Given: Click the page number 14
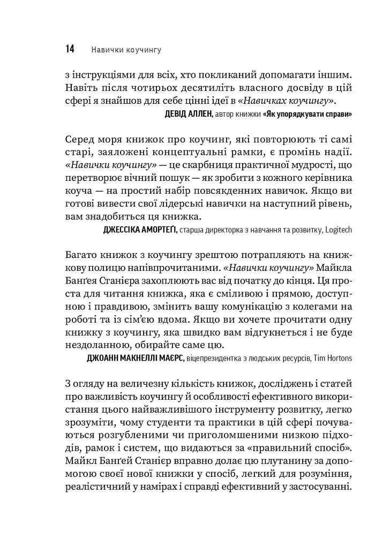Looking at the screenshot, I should [x=70, y=49].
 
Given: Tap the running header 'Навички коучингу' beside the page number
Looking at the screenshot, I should [x=126, y=50].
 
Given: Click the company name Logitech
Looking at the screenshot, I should [x=336, y=230].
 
